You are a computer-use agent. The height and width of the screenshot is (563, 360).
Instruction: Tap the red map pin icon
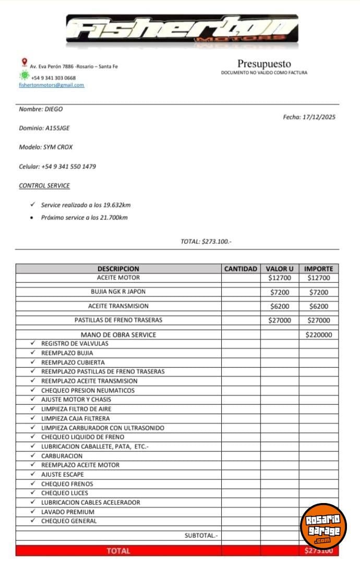pyautogui.click(x=24, y=63)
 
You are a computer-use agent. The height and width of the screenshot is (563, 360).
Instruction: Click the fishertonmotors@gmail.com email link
pyautogui.click(x=51, y=85)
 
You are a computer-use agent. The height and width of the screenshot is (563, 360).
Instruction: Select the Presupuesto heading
pyautogui.click(x=264, y=64)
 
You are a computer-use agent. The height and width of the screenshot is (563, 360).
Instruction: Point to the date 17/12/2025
pyautogui.click(x=319, y=117)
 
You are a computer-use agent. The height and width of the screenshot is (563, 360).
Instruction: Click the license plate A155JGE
pyautogui.click(x=58, y=128)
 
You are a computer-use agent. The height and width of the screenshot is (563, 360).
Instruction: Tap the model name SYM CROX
pyautogui.click(x=58, y=147)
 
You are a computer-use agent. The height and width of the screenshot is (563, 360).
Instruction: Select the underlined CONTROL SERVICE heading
pyautogui.click(x=44, y=186)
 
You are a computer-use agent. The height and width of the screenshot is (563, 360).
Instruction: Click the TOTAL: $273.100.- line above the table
pyautogui.click(x=206, y=241)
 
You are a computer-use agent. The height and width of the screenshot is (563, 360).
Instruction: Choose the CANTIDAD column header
pyautogui.click(x=241, y=268)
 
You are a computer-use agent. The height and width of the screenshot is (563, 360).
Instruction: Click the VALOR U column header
pyautogui.click(x=280, y=268)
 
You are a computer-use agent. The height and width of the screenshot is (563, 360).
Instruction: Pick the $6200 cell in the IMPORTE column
pyautogui.click(x=318, y=306)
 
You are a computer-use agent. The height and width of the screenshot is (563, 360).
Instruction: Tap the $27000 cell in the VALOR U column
pyautogui.click(x=280, y=320)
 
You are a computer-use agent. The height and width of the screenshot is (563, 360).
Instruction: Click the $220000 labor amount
pyautogui.click(x=318, y=335)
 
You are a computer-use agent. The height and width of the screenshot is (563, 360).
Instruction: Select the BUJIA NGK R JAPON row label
pyautogui.click(x=118, y=292)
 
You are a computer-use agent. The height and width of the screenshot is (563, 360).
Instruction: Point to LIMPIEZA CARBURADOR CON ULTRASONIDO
pyautogui.click(x=103, y=427)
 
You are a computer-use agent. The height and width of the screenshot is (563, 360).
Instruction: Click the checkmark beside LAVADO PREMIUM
pyautogui.click(x=33, y=511)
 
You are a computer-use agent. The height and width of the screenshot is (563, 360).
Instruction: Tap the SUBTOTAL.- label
pyautogui.click(x=201, y=535)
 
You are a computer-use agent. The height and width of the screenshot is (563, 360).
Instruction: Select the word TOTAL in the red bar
pyautogui.click(x=118, y=550)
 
